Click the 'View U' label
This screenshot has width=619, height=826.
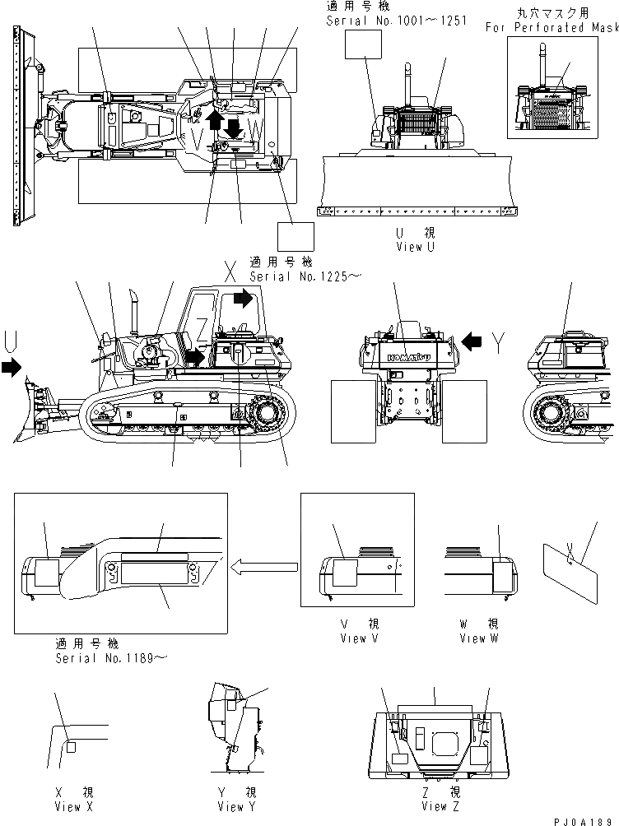[409, 247]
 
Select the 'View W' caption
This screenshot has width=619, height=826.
[479, 638]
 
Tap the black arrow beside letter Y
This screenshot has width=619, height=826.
[473, 340]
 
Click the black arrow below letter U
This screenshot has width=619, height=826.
[11, 368]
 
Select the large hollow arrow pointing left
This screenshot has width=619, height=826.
[263, 565]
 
